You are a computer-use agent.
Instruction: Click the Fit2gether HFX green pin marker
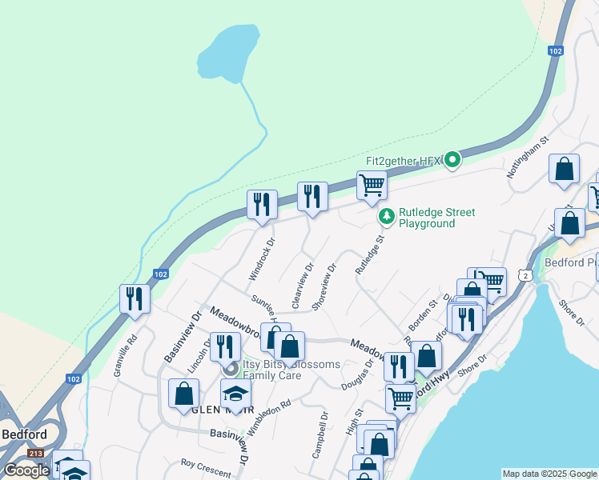(452, 160)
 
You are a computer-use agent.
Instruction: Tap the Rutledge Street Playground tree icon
(387, 216)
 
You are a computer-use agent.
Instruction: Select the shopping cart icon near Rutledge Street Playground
(372, 186)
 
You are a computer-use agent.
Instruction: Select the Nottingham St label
(528, 155)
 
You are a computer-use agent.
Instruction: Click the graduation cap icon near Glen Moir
(235, 394)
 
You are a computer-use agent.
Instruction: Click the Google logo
(26, 470)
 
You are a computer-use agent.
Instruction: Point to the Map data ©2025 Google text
(549, 474)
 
